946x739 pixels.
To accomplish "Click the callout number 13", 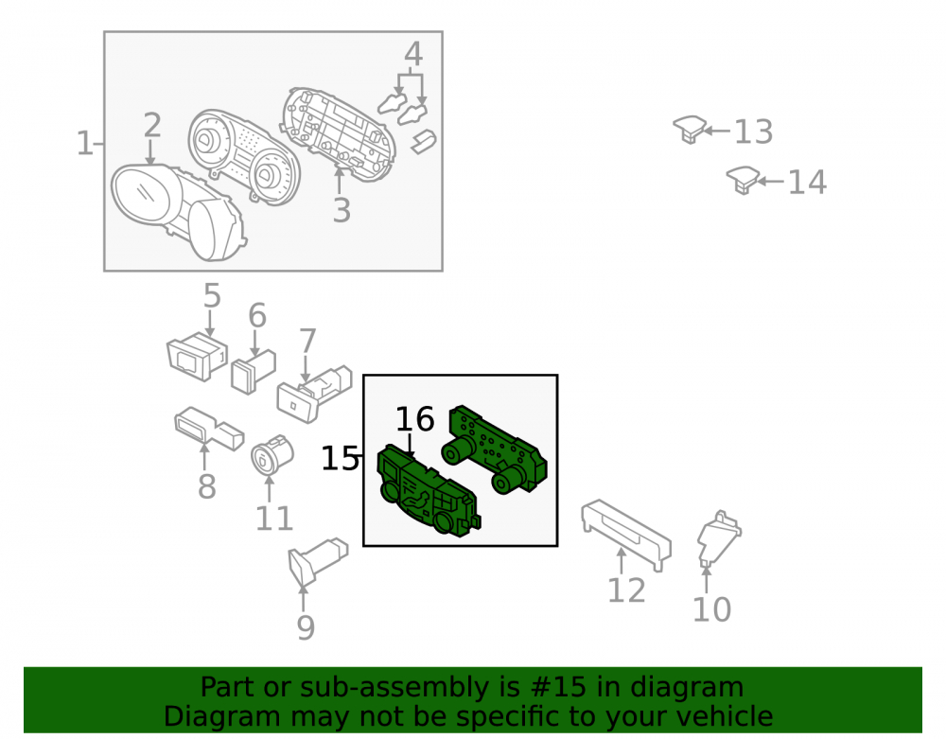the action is point(754,132).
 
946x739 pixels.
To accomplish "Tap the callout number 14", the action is point(807,182).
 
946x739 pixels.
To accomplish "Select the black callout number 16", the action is point(415,418).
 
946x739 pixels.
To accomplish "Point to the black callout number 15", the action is point(340,459).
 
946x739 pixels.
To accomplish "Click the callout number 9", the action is point(306,627).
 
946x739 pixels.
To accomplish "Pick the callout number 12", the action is point(626,590).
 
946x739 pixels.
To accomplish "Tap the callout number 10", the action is point(712,609).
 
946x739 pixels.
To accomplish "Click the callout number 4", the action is point(413,54).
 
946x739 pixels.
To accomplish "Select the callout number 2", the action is point(152,125).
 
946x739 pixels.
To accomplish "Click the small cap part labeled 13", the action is point(690,129).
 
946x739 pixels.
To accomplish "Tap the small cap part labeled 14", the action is point(743,180).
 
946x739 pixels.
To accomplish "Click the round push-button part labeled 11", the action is point(272,456).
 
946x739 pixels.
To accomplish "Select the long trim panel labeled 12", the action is point(626,535).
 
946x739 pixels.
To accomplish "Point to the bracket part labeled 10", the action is point(719,538).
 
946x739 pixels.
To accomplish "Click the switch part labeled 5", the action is point(198,356).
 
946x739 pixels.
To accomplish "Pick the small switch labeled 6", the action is point(254,372).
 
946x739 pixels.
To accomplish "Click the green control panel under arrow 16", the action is point(429,490).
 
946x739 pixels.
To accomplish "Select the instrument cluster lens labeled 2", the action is point(179,213).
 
